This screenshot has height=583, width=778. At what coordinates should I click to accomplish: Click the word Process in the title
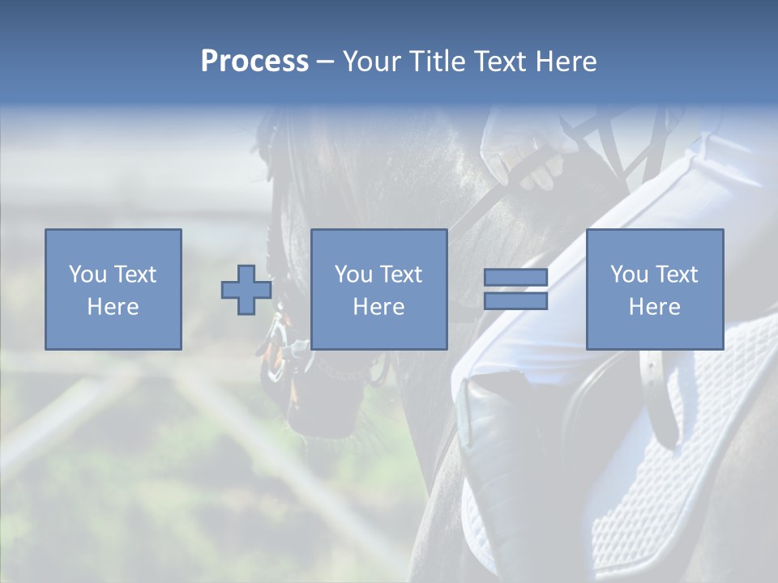point(254,62)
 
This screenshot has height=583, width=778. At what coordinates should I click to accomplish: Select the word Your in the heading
point(372,62)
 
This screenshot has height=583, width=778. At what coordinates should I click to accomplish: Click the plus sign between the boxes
point(246,290)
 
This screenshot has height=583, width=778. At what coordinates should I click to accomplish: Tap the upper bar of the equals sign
point(515,278)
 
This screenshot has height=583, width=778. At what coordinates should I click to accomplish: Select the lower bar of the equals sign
point(515,300)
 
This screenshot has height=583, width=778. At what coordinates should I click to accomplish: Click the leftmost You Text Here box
point(113,289)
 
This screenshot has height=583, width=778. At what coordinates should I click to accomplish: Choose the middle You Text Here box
point(378,289)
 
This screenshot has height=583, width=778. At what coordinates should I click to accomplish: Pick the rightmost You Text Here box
point(654,289)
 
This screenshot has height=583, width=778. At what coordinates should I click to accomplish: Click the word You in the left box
point(88,274)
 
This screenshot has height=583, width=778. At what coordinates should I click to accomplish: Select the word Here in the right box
point(654,306)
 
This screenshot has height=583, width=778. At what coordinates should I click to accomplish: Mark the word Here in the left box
point(113,306)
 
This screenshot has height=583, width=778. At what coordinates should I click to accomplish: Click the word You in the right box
point(629,274)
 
